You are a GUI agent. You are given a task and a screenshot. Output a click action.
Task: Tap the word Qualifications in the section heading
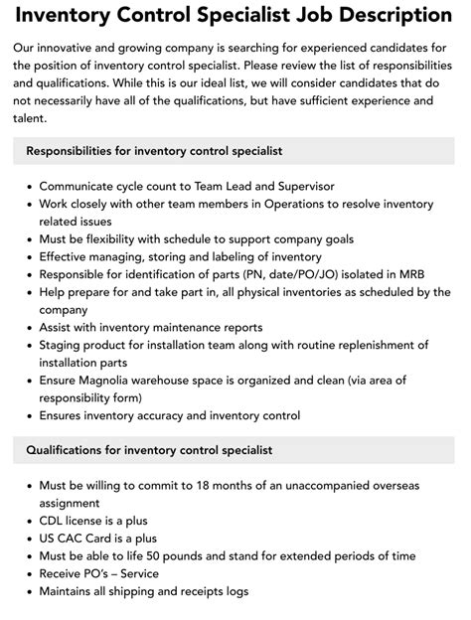click(71, 450)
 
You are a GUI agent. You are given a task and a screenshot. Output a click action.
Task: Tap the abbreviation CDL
click(55, 520)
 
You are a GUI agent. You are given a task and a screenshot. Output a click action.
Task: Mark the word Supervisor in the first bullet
click(300, 186)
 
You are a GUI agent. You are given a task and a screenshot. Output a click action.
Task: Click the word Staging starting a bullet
click(64, 345)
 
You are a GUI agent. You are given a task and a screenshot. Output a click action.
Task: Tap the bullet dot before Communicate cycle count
click(27, 186)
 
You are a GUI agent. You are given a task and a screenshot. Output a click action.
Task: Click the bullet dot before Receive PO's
click(27, 573)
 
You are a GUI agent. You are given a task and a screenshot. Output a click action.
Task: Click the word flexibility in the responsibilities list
click(130, 239)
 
